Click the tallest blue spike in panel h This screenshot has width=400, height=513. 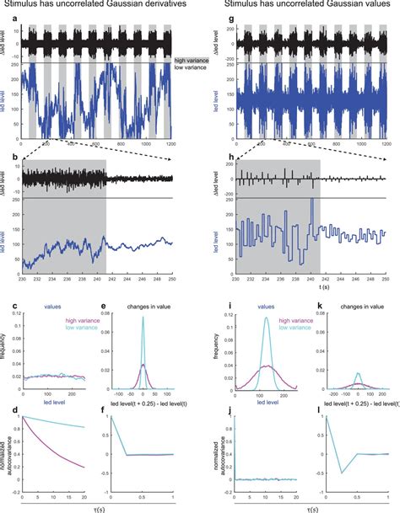(312, 200)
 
